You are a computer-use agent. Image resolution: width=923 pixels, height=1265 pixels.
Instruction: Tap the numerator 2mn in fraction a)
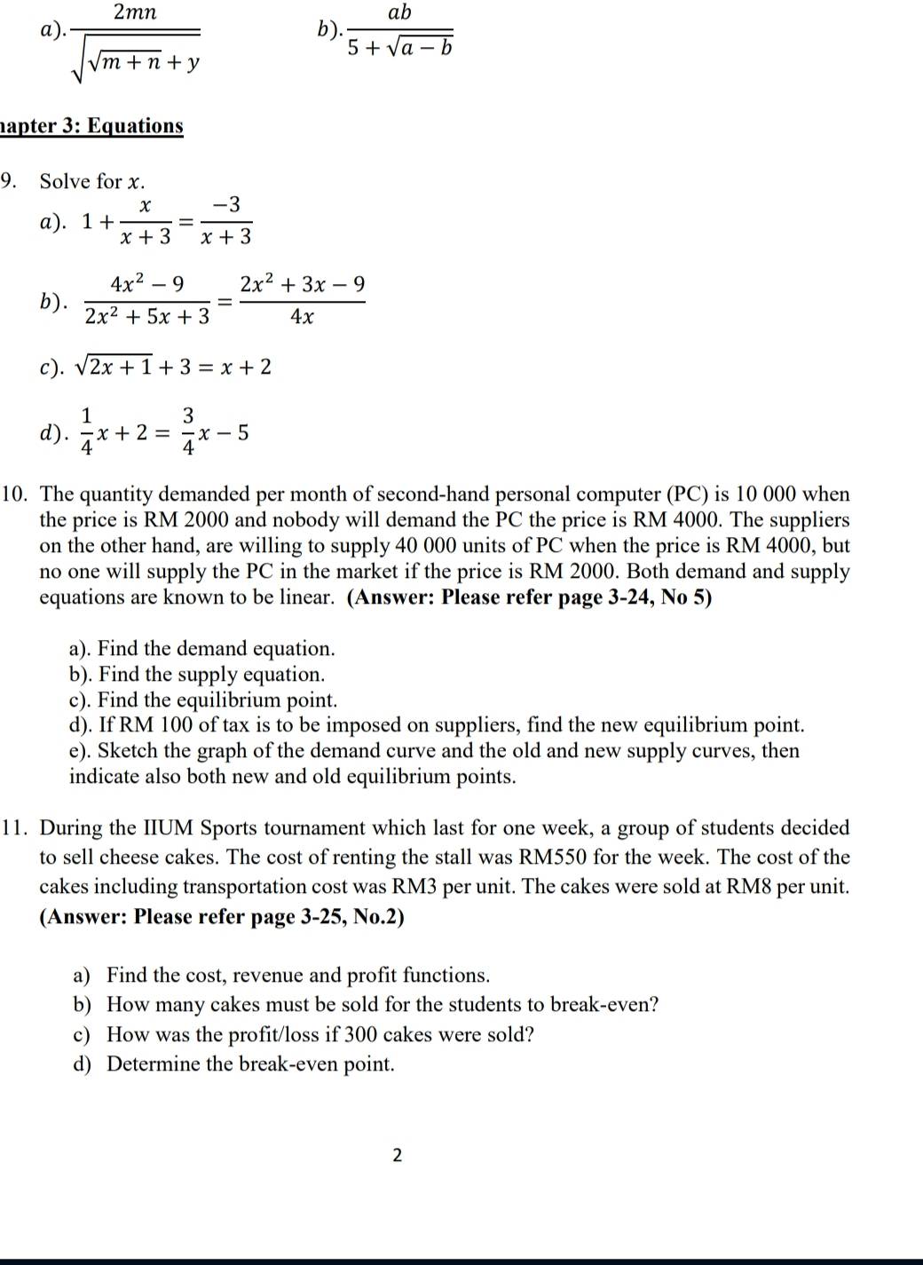pos(135,12)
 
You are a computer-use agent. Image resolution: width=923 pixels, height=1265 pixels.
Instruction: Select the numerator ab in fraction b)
pos(400,12)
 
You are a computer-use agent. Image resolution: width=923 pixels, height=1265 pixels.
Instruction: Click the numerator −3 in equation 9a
pos(226,205)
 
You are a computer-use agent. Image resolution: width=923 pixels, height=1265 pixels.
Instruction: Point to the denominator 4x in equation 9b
pos(302,317)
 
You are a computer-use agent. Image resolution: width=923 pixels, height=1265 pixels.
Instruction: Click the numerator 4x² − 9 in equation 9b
pos(147,284)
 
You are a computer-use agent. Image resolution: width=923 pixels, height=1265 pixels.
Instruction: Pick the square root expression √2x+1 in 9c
pos(114,367)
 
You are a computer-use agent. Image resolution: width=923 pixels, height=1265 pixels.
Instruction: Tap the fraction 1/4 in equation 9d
pos(87,431)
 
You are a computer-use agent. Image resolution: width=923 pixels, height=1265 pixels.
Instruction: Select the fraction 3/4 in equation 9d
pos(188,431)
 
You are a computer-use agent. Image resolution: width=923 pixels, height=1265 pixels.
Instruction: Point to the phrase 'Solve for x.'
pos(91,182)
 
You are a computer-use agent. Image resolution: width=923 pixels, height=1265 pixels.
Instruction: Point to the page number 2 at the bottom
pos(397,1155)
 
